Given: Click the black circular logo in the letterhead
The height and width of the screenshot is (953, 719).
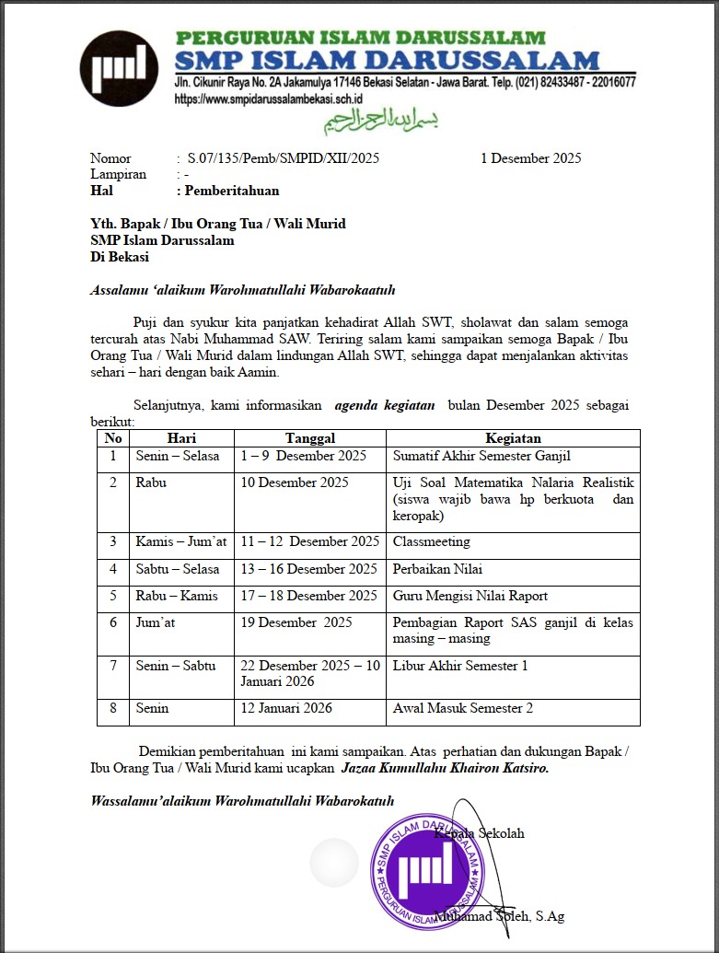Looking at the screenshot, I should (x=120, y=68).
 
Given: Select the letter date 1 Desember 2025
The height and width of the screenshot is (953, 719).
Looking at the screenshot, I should (x=530, y=158).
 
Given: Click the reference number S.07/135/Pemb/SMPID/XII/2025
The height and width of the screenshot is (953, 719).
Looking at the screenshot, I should (x=283, y=158).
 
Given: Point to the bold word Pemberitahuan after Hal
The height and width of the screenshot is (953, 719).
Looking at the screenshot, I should (x=232, y=192).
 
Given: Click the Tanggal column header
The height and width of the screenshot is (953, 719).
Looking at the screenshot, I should (x=309, y=439).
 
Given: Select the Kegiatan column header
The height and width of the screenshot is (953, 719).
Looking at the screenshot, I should (x=513, y=439).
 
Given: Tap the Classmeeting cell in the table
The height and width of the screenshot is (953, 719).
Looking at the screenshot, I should (x=432, y=541).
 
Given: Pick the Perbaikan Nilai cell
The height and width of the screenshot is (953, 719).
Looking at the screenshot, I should (x=437, y=569).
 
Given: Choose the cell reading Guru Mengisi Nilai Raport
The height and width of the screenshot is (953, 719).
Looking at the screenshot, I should (x=470, y=596).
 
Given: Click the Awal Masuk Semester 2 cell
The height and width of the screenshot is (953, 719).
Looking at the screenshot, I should (x=463, y=708).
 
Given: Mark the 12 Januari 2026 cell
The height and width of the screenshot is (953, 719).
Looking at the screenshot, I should (x=286, y=708).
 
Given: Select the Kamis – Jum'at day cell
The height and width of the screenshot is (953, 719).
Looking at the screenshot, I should (x=181, y=541).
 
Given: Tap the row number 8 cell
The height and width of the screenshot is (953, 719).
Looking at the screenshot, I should (x=113, y=708).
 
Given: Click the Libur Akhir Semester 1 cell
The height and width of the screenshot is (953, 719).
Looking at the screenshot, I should (x=460, y=666).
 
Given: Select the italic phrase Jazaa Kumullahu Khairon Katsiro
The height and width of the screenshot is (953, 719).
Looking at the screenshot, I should (x=445, y=768).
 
